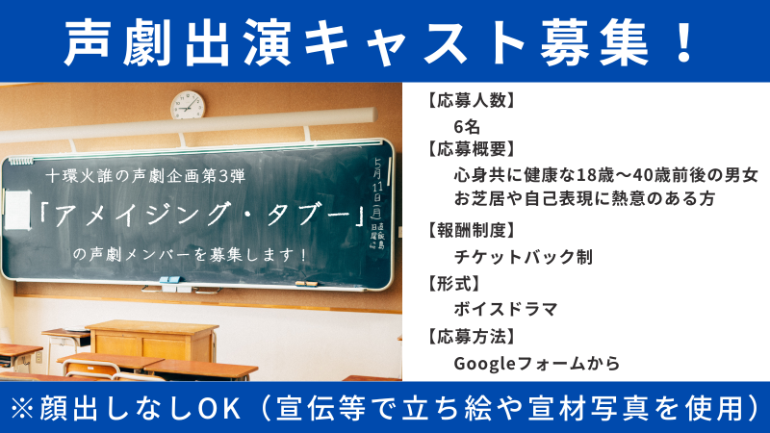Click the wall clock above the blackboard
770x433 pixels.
tap(188, 105)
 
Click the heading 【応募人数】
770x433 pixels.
tap(471, 100)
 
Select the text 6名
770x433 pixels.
tap(467, 127)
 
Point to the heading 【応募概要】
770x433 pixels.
tap(471, 149)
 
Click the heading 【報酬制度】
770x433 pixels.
tap(471, 230)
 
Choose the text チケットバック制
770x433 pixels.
tap(524, 257)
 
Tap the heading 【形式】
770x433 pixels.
tap(453, 283)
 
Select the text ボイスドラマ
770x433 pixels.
tap(506, 309)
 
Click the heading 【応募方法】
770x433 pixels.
tap(471, 337)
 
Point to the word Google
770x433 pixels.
tap(485, 364)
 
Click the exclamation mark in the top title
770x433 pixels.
tap(683, 41)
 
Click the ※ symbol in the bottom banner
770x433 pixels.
tap(21, 408)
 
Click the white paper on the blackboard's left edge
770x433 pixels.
tap(17, 210)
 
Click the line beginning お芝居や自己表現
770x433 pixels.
tap(584, 198)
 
